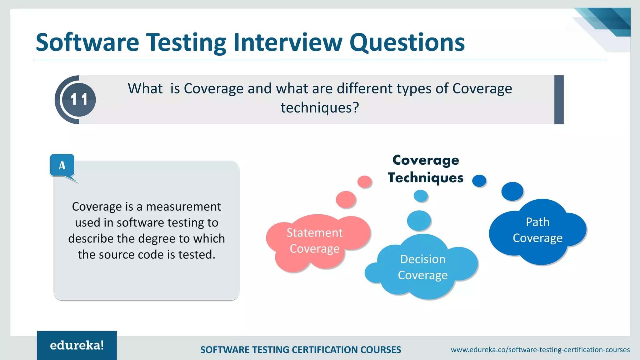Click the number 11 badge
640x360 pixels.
point(78,100)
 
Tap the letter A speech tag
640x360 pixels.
point(62,165)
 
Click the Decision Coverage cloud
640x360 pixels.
point(423,267)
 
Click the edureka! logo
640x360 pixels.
point(77,345)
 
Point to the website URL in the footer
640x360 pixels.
point(540,350)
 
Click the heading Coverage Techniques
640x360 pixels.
point(426,169)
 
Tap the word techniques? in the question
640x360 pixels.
point(320,108)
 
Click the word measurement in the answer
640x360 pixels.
point(183,207)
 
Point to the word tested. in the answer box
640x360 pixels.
point(197,255)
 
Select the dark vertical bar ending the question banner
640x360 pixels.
point(559,100)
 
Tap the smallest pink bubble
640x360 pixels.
point(364,182)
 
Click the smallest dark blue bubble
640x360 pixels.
point(479,181)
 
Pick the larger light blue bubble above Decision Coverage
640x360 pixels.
point(419,220)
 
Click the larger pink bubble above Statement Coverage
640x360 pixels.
point(346,199)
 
